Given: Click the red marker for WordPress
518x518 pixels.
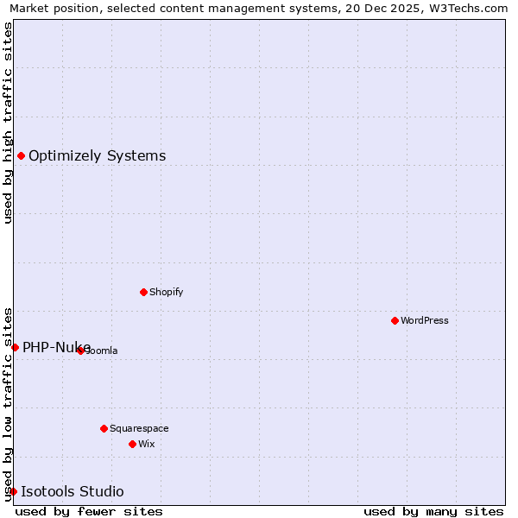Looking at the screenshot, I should point(395,320).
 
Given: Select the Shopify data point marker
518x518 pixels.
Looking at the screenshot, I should point(143,292).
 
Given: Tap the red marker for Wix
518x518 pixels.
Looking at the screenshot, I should point(132,444).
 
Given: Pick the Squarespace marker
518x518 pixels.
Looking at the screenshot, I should point(104,428).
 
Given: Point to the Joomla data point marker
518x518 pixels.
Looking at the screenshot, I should point(80,351).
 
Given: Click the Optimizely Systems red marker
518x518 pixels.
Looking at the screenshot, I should point(21,155).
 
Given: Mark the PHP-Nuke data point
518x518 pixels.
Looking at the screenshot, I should point(15,347).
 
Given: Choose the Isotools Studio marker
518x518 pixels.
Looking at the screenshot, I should point(13,491).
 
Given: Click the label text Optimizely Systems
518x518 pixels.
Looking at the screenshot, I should point(97,156).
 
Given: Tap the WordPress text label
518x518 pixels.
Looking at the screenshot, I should point(424,320).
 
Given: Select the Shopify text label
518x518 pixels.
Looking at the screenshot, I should point(166,292).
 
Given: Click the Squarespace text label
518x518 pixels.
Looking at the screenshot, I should point(139,428).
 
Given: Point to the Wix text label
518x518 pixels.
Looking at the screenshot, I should point(146,444).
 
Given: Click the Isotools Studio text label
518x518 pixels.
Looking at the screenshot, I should point(72,492).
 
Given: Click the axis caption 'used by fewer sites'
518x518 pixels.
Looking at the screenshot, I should point(89,511).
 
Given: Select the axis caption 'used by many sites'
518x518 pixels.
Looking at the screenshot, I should point(433,511).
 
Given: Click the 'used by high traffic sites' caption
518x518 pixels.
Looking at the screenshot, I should point(8,123).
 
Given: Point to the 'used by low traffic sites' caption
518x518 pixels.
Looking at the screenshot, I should point(8,403).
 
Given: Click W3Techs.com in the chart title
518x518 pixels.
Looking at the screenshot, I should point(471,8).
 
